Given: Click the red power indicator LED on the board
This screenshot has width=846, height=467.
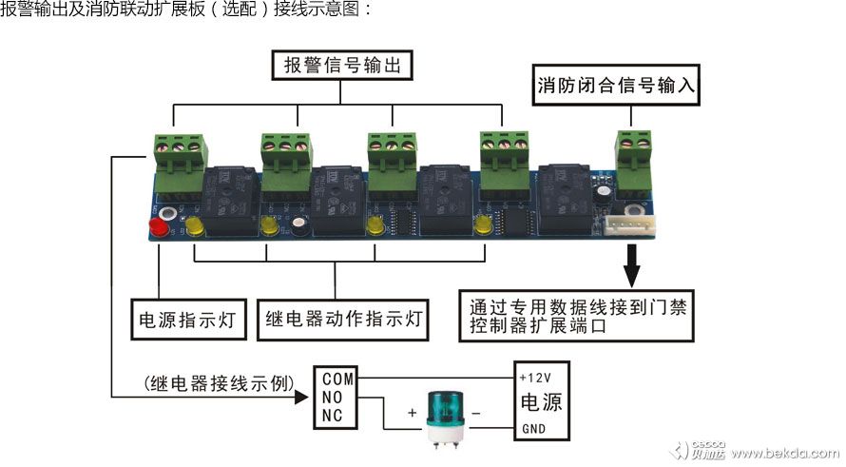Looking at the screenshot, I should click(158, 229).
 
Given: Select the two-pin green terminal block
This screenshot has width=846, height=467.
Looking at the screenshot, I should click(634, 155).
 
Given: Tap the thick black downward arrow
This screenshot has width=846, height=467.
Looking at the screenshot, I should click(632, 263).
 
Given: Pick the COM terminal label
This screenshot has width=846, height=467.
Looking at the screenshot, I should click(337, 377).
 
